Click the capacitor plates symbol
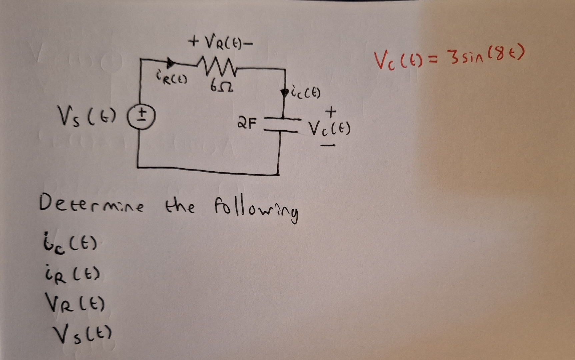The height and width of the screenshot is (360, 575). tap(283, 125)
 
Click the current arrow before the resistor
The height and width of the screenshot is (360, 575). tap(171, 63)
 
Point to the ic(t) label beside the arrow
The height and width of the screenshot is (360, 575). tap(306, 93)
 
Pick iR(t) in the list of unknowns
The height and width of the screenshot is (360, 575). tap(72, 276)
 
